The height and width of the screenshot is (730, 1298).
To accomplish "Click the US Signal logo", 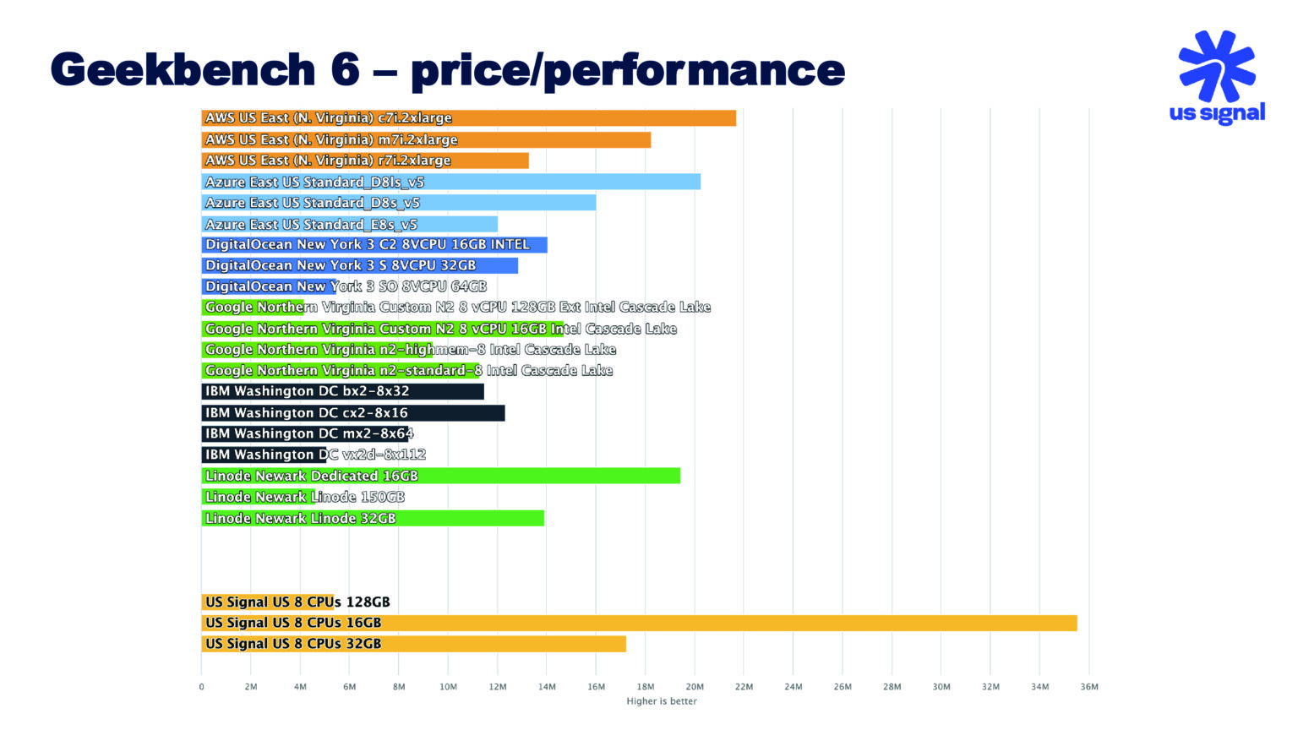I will (1216, 78).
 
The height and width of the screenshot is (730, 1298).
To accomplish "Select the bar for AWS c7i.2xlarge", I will (468, 118).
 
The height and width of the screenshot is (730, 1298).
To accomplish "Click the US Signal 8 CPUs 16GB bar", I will (639, 623).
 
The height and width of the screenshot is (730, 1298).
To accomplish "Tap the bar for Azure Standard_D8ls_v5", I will (450, 182).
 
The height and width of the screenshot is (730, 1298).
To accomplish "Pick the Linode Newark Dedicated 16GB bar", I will (440, 476).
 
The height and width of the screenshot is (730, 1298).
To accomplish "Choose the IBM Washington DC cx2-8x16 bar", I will (352, 412).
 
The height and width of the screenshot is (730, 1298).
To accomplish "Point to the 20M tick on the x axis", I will (695, 687).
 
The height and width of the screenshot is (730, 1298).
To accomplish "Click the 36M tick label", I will (1089, 687).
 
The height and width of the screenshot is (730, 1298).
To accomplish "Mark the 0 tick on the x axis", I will (201, 687).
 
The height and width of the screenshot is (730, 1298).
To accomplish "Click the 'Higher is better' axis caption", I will (661, 701).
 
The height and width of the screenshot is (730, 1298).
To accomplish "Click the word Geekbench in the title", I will (183, 69).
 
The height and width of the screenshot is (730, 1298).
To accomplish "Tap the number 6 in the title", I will (345, 69).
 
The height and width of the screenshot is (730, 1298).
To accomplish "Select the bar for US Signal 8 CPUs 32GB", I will (413, 644).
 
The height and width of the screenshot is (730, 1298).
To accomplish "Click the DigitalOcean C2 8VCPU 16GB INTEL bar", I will (374, 245).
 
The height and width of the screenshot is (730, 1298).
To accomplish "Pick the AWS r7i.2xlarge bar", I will (364, 161).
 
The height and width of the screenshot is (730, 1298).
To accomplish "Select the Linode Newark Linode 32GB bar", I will (372, 518).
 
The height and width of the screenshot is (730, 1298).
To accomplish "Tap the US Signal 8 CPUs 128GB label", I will (297, 602).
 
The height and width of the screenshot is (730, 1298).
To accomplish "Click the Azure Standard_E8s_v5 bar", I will (349, 224).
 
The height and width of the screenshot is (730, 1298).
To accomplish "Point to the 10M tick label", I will (448, 687).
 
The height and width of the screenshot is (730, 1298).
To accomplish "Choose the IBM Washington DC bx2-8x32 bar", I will (342, 391).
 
